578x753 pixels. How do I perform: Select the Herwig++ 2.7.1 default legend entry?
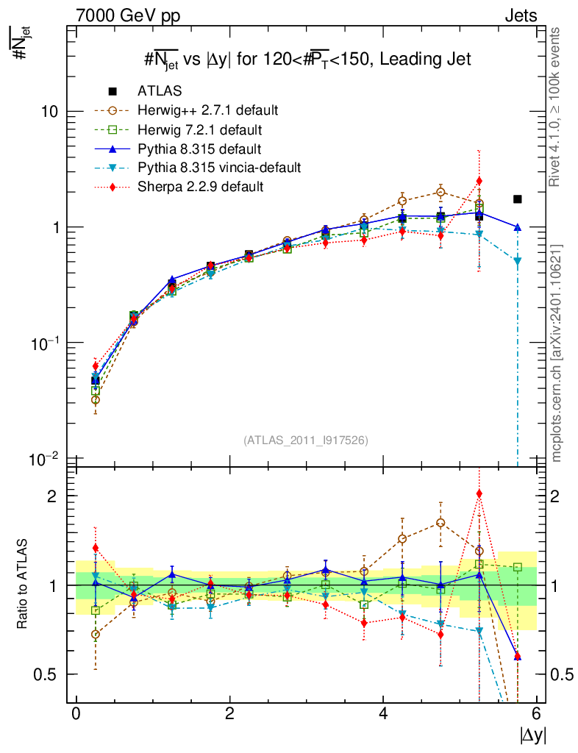[207, 110]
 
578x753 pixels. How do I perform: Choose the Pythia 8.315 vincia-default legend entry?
[219, 168]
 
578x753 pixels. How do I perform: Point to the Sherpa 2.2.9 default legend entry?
[201, 187]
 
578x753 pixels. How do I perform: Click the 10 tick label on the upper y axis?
[49, 111]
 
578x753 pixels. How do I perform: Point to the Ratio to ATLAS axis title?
[24, 585]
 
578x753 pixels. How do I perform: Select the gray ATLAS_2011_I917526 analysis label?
[306, 440]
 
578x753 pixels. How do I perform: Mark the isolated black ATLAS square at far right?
[518, 199]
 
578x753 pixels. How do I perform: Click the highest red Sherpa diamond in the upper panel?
[479, 181]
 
